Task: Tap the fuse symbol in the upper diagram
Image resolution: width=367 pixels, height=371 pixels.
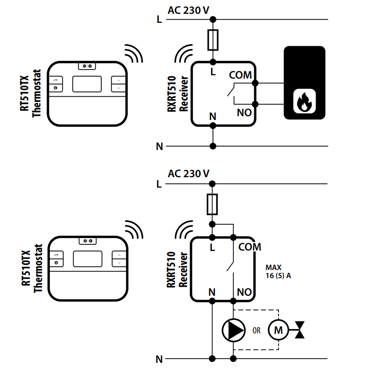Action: point(213,40)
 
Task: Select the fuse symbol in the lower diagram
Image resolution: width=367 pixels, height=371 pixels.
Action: point(213,203)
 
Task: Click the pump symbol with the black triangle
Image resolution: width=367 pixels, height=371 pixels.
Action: point(233,329)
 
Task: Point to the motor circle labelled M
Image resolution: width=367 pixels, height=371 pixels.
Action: point(279,329)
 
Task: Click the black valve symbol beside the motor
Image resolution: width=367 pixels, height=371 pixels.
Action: point(300,329)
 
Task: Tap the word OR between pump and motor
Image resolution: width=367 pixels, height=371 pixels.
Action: point(257,330)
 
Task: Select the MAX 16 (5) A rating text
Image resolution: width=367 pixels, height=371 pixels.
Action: point(278,271)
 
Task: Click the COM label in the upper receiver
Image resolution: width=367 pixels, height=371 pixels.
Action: point(240,75)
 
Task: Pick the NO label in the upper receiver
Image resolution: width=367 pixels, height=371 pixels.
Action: point(244,113)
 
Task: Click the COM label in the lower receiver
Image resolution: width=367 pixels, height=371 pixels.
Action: point(250,247)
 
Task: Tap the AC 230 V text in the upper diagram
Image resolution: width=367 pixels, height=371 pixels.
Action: point(189,10)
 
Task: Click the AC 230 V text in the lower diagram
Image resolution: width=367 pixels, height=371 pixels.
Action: point(189,174)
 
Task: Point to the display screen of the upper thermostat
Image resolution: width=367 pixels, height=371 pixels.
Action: point(87,84)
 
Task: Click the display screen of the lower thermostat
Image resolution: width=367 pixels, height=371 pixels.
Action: point(88,259)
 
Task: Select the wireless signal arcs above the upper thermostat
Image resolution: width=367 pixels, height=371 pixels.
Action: point(134,54)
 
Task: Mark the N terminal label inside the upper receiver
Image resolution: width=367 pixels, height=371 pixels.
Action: point(212,116)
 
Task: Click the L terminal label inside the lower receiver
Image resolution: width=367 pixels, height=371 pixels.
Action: point(212,247)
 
